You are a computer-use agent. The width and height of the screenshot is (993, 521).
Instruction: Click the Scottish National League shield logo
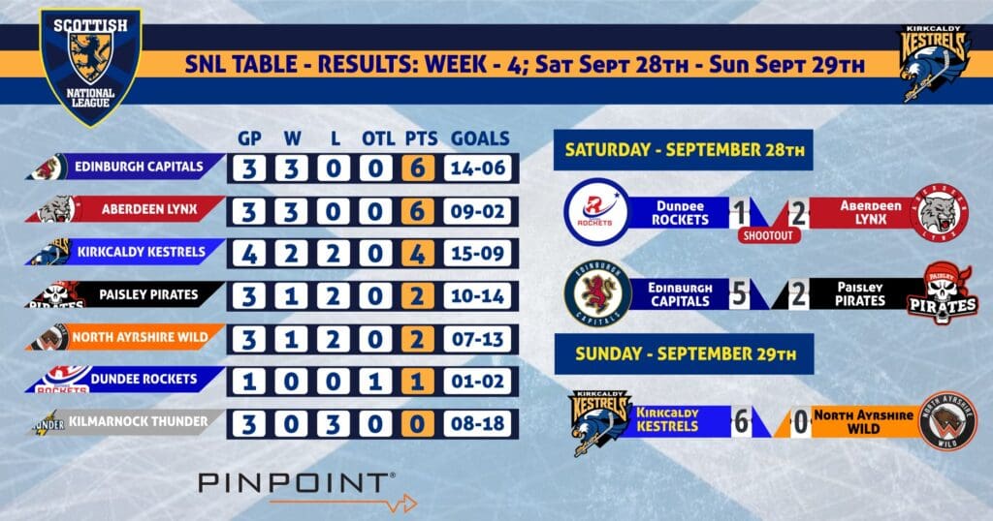90,67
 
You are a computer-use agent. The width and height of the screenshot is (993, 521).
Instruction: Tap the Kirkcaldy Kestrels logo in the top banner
935,63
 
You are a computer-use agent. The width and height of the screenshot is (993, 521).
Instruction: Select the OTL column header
378,138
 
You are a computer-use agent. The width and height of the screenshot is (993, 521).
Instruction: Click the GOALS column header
480,138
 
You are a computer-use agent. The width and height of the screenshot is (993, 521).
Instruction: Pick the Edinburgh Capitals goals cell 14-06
478,169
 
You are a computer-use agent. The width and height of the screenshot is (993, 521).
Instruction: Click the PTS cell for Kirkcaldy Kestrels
418,254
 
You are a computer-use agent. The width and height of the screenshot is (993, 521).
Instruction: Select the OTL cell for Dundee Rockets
375,382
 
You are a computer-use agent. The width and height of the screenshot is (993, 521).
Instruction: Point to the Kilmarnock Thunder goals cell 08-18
478,423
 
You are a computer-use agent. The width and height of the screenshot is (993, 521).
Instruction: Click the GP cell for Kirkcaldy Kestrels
249,254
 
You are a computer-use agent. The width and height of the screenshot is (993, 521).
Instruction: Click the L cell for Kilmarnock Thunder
334,423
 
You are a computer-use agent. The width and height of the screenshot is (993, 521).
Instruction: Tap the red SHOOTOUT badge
769,236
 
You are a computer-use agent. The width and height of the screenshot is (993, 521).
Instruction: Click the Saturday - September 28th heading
684,150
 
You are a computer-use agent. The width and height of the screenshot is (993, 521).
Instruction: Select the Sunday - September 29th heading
684,354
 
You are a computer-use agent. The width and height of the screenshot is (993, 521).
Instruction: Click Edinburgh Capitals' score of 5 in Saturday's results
739,294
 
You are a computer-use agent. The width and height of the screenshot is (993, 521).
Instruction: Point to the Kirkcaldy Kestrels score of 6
741,421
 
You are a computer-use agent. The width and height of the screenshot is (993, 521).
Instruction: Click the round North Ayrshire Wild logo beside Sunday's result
948,421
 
